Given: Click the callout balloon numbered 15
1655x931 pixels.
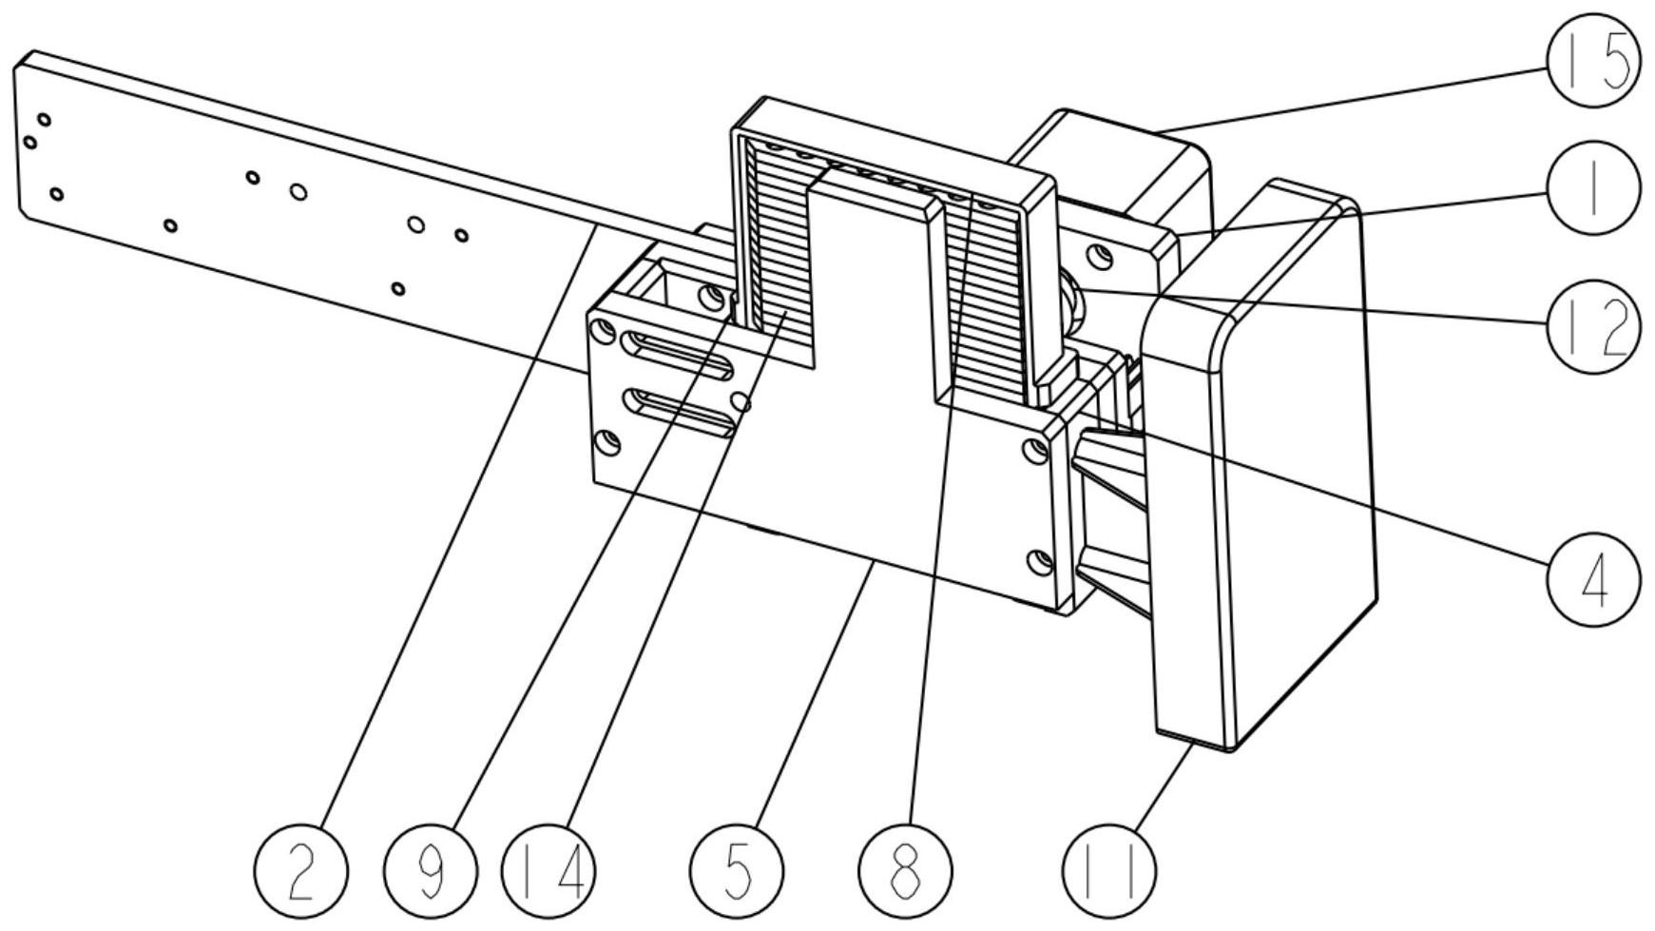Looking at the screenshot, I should (x=1593, y=61).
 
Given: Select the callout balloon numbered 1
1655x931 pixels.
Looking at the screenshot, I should (x=1593, y=188).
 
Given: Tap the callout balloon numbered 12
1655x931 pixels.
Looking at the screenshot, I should (x=1593, y=326).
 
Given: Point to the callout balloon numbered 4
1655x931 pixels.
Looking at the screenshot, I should (x=1593, y=578).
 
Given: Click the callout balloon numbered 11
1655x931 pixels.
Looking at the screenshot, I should (x=1108, y=871).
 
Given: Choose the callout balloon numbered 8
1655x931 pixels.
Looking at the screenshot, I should (x=904, y=871).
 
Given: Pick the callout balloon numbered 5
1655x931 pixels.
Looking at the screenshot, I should (x=736, y=871).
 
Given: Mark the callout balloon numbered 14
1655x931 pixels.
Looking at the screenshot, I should (x=548, y=871).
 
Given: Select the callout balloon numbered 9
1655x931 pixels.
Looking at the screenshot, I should (x=431, y=871).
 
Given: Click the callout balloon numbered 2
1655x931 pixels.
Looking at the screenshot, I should (x=300, y=871).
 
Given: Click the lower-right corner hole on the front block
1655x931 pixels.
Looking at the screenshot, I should (x=1040, y=562).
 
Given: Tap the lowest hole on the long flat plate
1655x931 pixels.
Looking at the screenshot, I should (x=398, y=288).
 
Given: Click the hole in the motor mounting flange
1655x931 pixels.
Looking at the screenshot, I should (x=1101, y=256).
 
